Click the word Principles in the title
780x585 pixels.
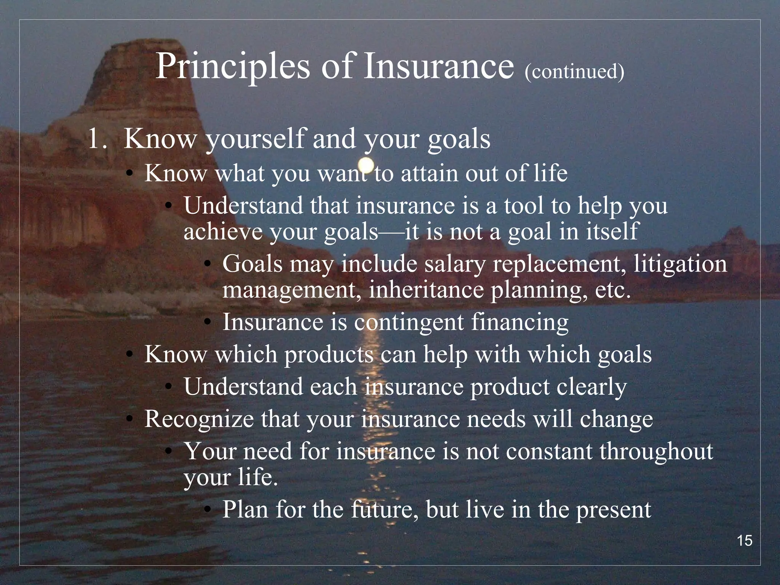[x=233, y=67]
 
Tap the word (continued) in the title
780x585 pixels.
[x=574, y=71]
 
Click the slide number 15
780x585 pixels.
[x=745, y=541]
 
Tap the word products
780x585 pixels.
[x=329, y=355]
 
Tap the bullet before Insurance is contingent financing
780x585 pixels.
[x=207, y=323]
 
